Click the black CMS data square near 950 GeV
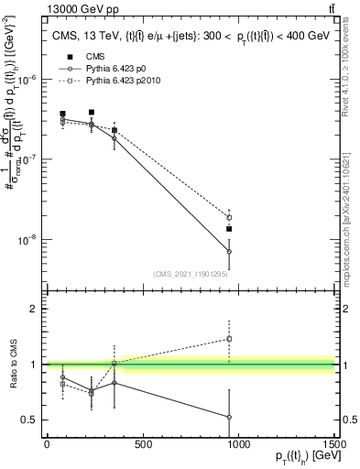click(x=229, y=229)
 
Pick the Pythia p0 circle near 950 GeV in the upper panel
click(x=229, y=251)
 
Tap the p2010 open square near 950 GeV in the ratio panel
click(x=229, y=339)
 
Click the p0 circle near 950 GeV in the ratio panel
click(x=229, y=417)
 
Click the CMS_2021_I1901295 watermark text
click(x=191, y=274)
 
